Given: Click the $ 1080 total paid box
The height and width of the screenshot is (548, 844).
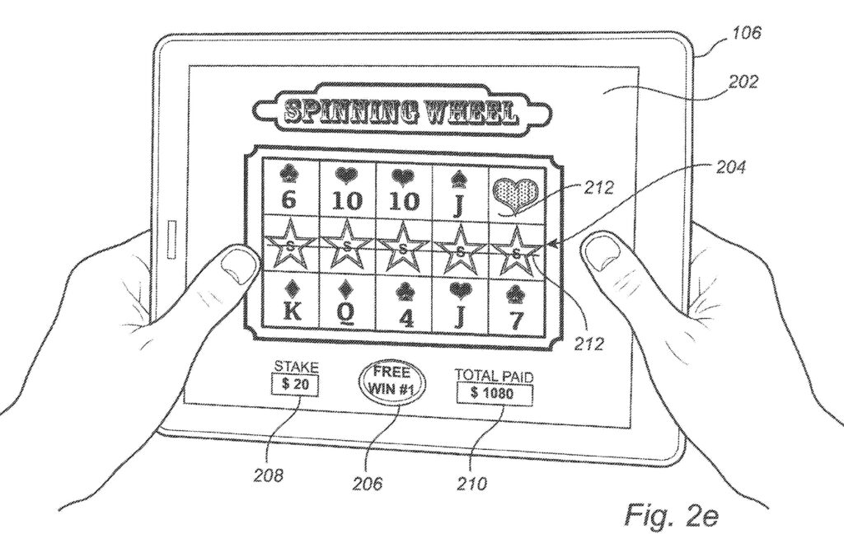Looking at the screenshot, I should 493,394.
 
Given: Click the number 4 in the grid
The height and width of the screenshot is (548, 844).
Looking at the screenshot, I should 403,316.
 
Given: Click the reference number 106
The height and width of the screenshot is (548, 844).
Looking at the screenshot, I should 746,33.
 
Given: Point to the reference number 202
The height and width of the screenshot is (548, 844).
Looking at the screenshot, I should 743,82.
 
